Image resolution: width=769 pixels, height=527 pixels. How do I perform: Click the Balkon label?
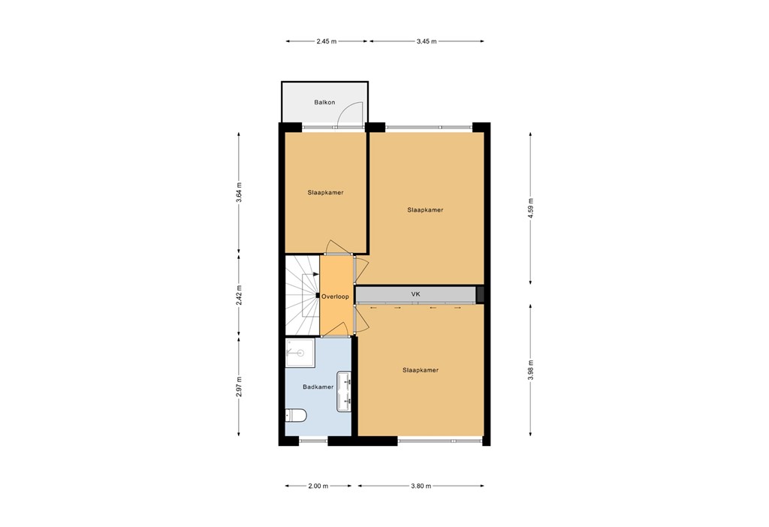click(324, 102)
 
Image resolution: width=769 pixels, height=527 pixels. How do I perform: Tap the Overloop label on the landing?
click(335, 297)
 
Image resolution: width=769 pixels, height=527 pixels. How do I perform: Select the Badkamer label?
click(318, 387)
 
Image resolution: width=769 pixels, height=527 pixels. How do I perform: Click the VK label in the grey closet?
click(415, 294)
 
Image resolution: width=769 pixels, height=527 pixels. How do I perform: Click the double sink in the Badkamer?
click(347, 391)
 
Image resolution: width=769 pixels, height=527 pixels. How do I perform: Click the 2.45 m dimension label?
click(327, 42)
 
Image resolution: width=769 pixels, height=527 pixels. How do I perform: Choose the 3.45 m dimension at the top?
click(427, 42)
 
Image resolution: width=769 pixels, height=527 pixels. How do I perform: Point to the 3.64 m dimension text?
click(240, 193)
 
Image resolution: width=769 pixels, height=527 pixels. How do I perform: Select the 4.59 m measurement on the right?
click(531, 206)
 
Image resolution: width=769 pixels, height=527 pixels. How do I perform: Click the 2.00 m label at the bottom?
click(318, 486)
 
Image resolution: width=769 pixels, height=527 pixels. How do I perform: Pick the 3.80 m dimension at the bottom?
click(421, 486)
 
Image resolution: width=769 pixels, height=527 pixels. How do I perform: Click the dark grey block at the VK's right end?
click(481, 294)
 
